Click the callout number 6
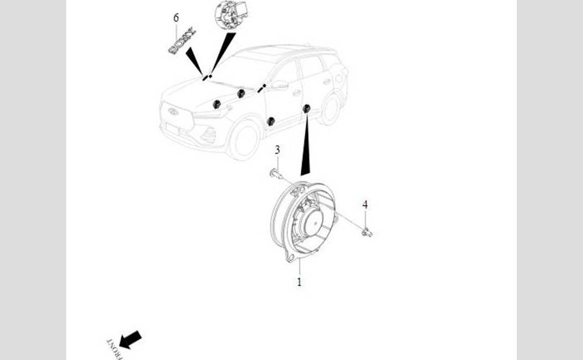[x=176, y=17]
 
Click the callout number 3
[x=277, y=150]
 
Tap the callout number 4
[x=365, y=205]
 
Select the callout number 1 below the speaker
[x=299, y=282]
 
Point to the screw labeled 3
[x=274, y=173]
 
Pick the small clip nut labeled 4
[x=367, y=232]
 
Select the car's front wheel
[x=244, y=139]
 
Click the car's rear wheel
[x=330, y=108]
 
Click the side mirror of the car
[x=279, y=84]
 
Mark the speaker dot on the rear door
[x=307, y=108]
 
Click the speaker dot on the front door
[x=271, y=121]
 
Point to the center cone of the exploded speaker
[x=310, y=220]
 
